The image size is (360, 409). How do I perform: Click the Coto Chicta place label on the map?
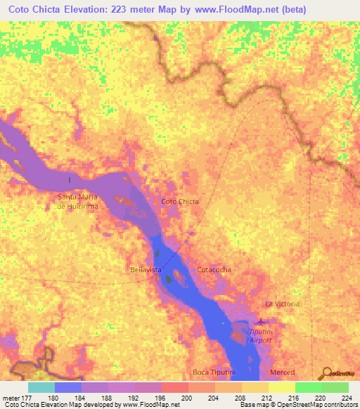pyautogui.click(x=180, y=202)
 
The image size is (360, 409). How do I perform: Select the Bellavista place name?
pyautogui.click(x=146, y=270)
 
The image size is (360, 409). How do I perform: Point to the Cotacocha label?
pyautogui.click(x=214, y=270)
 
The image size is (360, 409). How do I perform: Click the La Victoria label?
pyautogui.click(x=282, y=304)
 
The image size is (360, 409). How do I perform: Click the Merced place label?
pyautogui.click(x=282, y=371)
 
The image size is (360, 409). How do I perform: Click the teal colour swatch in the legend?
pyautogui.click(x=41, y=387)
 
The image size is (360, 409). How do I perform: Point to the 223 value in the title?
pyautogui.click(x=149, y=11)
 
